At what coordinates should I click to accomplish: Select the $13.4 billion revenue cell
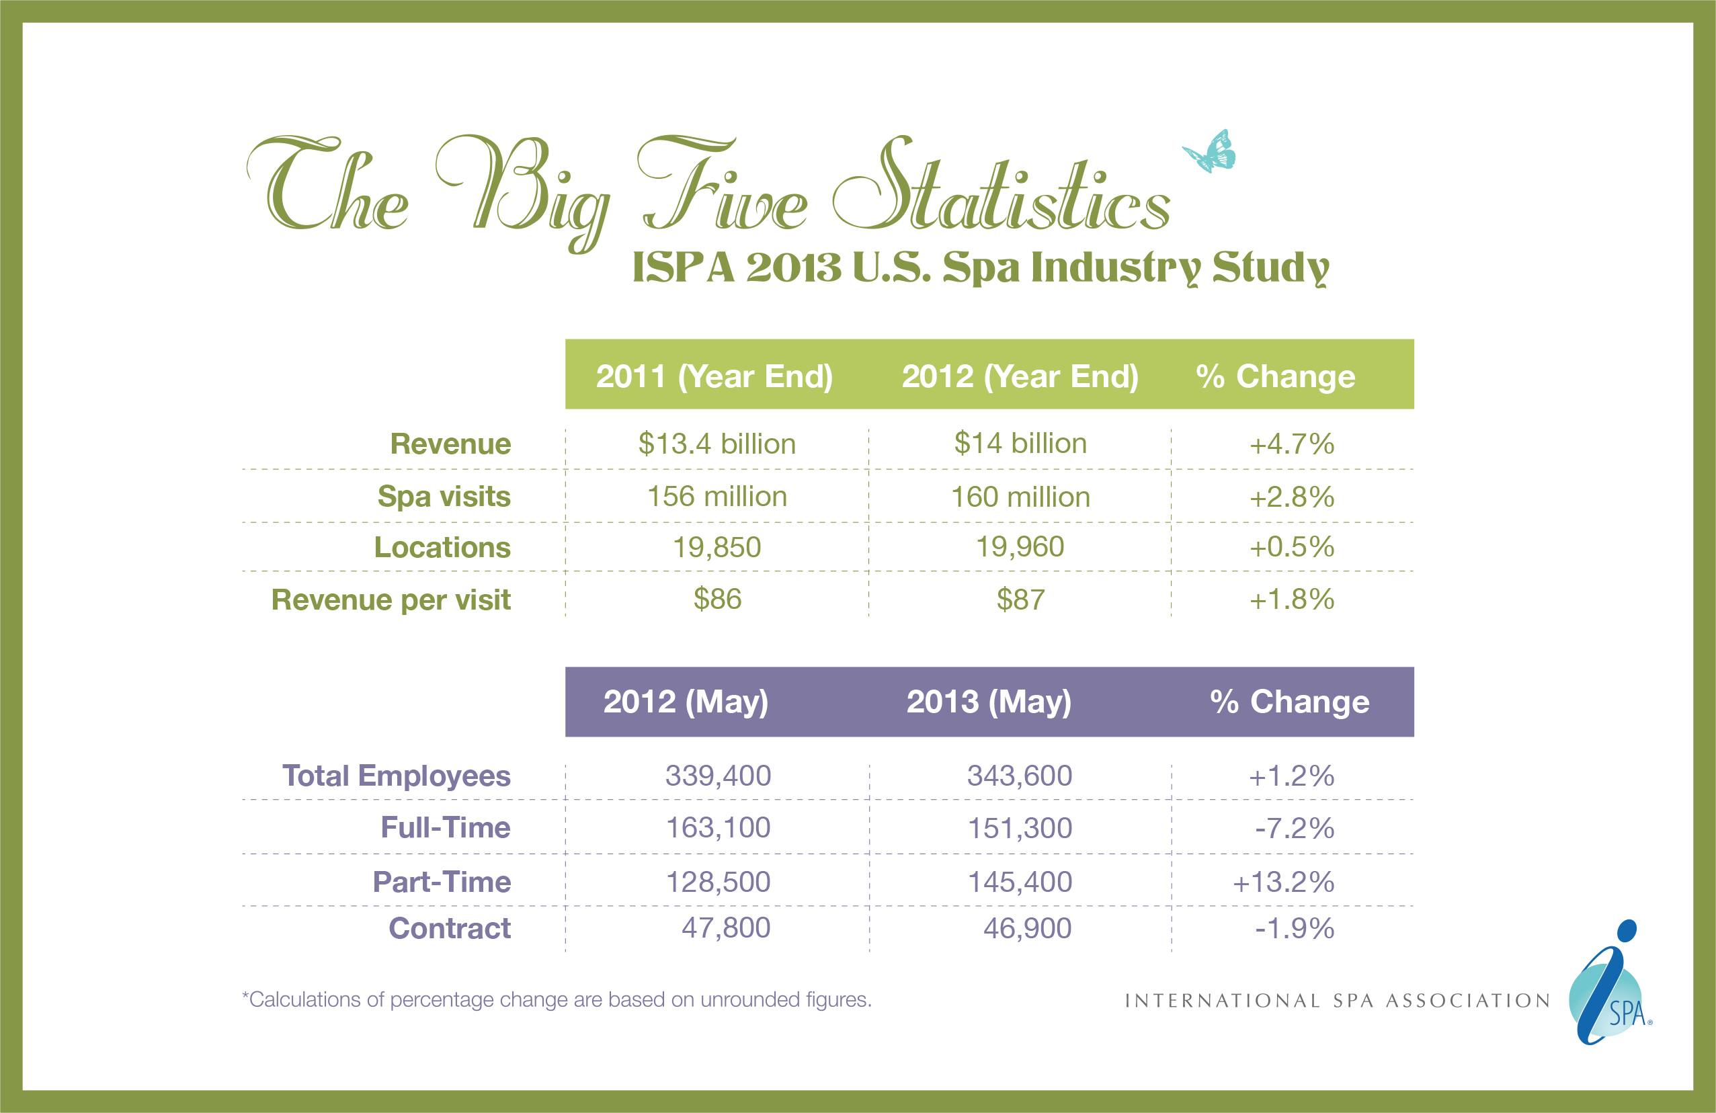(x=717, y=444)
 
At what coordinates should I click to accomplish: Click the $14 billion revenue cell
(x=1020, y=444)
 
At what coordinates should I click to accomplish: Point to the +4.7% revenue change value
(x=1291, y=444)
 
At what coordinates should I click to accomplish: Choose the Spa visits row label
(x=444, y=497)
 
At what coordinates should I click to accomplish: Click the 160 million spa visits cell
(x=1020, y=497)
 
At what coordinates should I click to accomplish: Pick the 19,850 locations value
(x=717, y=547)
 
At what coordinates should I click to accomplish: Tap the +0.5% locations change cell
(x=1291, y=547)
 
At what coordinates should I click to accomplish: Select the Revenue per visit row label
(x=391, y=600)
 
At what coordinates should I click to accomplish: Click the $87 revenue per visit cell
(x=1020, y=600)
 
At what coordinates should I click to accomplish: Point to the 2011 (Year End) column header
(x=714, y=376)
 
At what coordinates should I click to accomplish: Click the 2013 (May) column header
(x=989, y=702)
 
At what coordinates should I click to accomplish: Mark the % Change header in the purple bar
(x=1289, y=702)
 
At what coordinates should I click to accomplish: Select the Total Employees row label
(x=396, y=776)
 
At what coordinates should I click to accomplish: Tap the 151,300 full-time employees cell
(x=1020, y=828)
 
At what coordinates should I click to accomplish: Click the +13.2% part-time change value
(x=1283, y=882)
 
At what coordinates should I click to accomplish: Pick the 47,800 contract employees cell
(x=725, y=927)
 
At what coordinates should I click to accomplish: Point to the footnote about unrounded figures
(x=557, y=1000)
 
